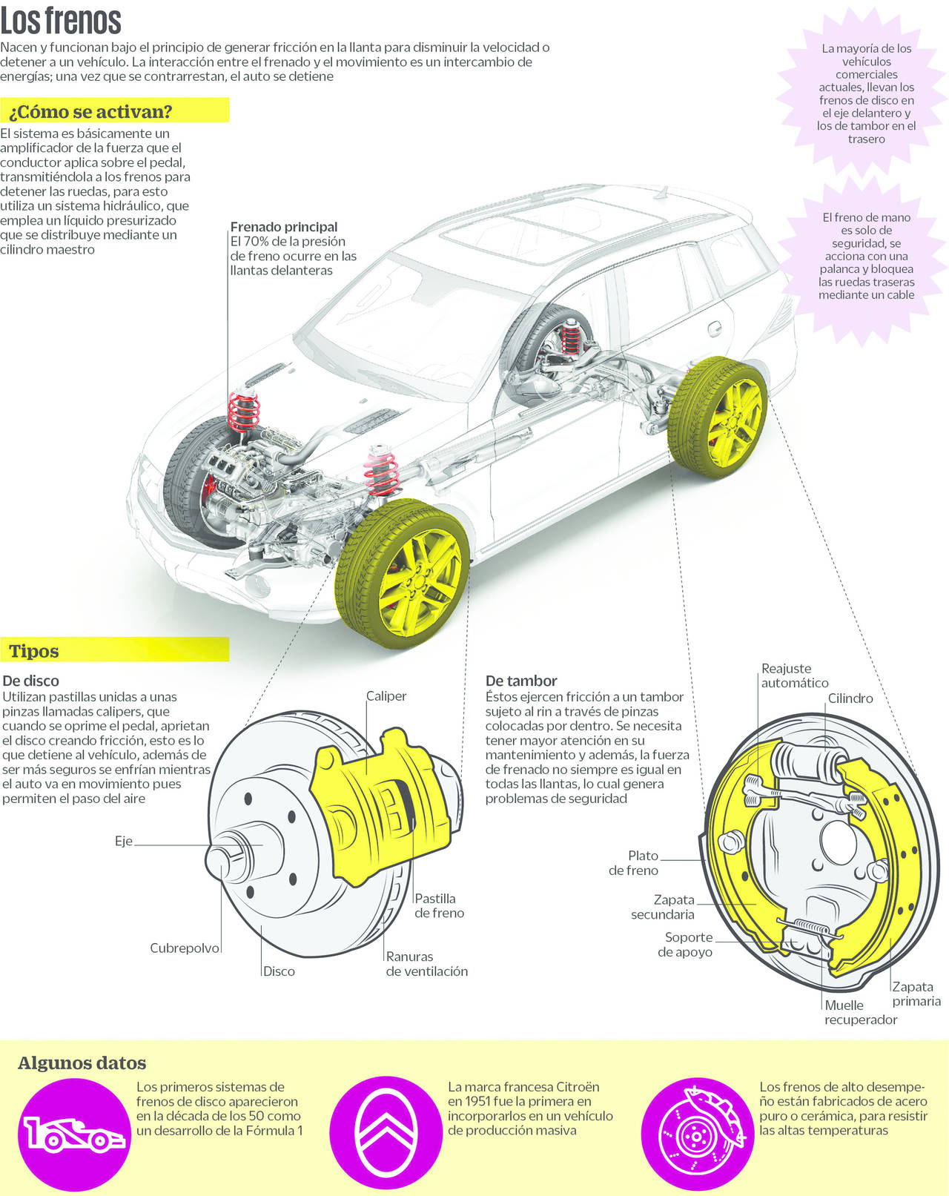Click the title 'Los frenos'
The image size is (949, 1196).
click(x=61, y=21)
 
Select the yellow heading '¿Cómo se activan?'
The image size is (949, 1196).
click(x=90, y=112)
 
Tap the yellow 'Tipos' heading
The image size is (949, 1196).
click(x=34, y=651)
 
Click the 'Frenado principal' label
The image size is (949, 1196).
click(x=283, y=227)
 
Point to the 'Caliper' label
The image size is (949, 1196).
click(x=386, y=696)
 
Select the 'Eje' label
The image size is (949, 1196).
click(x=123, y=842)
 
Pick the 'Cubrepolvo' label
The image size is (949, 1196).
click(x=185, y=948)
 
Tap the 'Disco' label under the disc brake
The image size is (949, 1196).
click(x=279, y=971)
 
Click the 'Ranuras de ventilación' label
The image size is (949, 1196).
click(x=426, y=964)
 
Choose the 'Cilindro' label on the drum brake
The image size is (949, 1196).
click(x=850, y=698)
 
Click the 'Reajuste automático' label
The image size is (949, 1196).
click(x=794, y=675)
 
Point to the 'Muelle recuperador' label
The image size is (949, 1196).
click(x=860, y=1012)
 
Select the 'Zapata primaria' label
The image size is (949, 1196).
click(x=916, y=994)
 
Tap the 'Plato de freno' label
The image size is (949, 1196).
click(x=634, y=863)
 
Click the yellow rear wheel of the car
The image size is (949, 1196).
click(x=718, y=417)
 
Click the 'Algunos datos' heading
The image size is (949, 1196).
click(x=82, y=1063)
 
